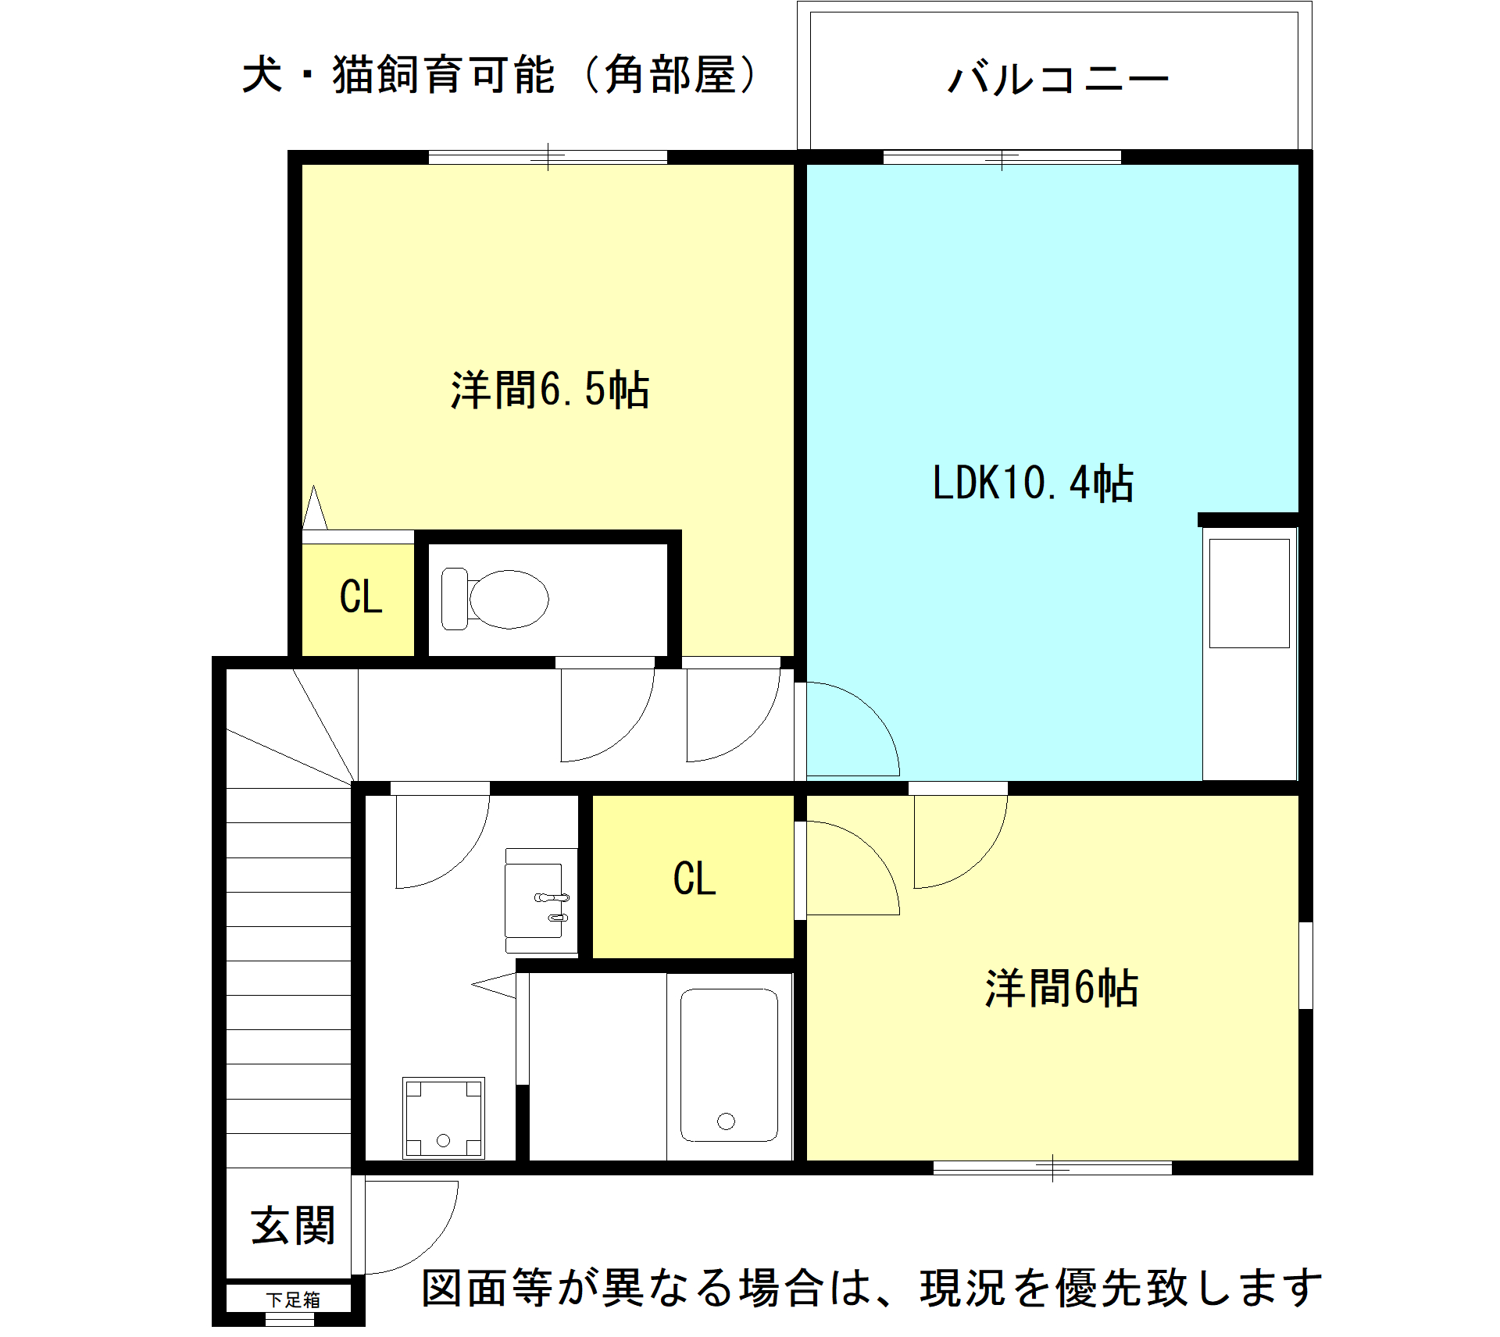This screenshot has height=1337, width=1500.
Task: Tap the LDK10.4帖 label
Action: tap(1033, 482)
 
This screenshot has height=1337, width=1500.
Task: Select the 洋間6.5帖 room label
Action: tap(550, 389)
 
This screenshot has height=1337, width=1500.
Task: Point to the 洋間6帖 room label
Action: tap(1061, 988)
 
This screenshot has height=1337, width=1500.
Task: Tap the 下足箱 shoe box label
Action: tap(293, 1300)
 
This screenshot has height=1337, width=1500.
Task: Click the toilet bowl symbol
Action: tap(495, 599)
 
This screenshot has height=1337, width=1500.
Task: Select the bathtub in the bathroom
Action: tap(729, 1065)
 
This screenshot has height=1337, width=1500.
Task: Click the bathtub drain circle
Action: tap(726, 1121)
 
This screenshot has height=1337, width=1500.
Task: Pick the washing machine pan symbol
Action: tap(444, 1118)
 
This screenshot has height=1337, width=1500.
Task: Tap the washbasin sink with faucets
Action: tap(541, 900)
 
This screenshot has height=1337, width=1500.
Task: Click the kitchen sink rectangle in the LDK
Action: tap(1249, 593)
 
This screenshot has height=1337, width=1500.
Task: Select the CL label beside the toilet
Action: tap(361, 597)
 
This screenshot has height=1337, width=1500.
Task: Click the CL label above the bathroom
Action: tap(695, 879)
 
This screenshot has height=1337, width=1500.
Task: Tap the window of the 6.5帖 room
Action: tap(548, 157)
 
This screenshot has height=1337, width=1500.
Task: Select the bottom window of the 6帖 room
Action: tap(1052, 1168)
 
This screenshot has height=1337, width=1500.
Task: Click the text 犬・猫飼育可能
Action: tap(398, 75)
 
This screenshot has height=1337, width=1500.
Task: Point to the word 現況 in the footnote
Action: tap(962, 1288)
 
